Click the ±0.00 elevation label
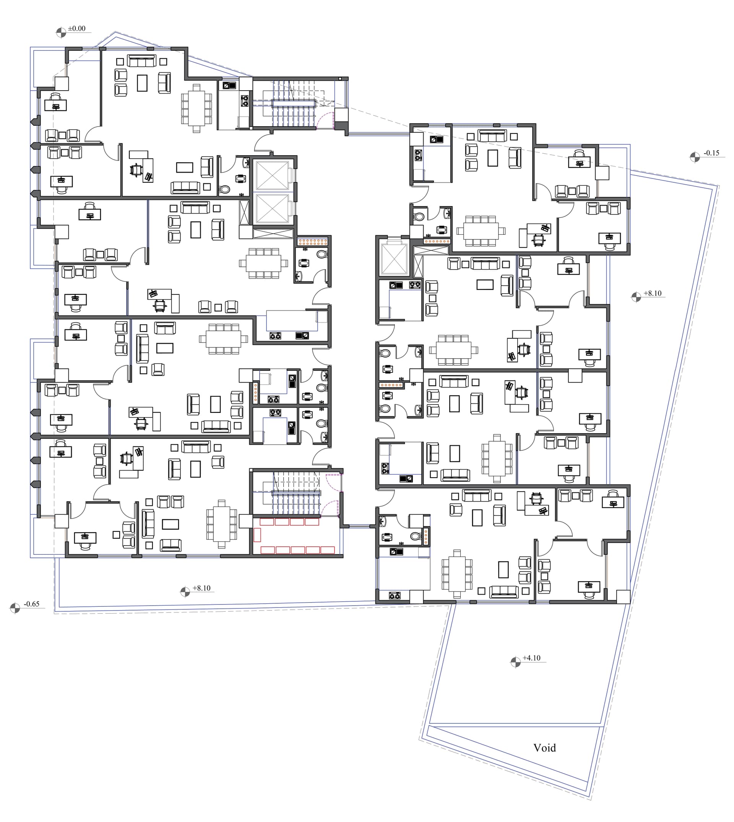pyautogui.click(x=76, y=29)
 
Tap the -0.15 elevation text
pyautogui.click(x=711, y=153)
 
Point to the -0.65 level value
pyautogui.click(x=31, y=604)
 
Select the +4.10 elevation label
pyautogui.click(x=531, y=658)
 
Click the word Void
pyautogui.click(x=544, y=748)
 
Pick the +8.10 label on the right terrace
pyautogui.click(x=653, y=293)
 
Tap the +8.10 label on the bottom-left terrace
pyautogui.click(x=201, y=588)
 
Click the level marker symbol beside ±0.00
pyautogui.click(x=61, y=32)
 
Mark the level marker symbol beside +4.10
pyautogui.click(x=515, y=662)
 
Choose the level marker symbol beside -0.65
pyautogui.click(x=15, y=608)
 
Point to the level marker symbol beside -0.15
pyautogui.click(x=695, y=157)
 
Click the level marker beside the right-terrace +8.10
pyautogui.click(x=636, y=297)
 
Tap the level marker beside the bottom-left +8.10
pyautogui.click(x=185, y=592)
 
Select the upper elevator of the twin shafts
pyautogui.click(x=273, y=175)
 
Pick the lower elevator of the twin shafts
pyautogui.click(x=273, y=208)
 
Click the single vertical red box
pyautogui.click(x=257, y=535)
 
